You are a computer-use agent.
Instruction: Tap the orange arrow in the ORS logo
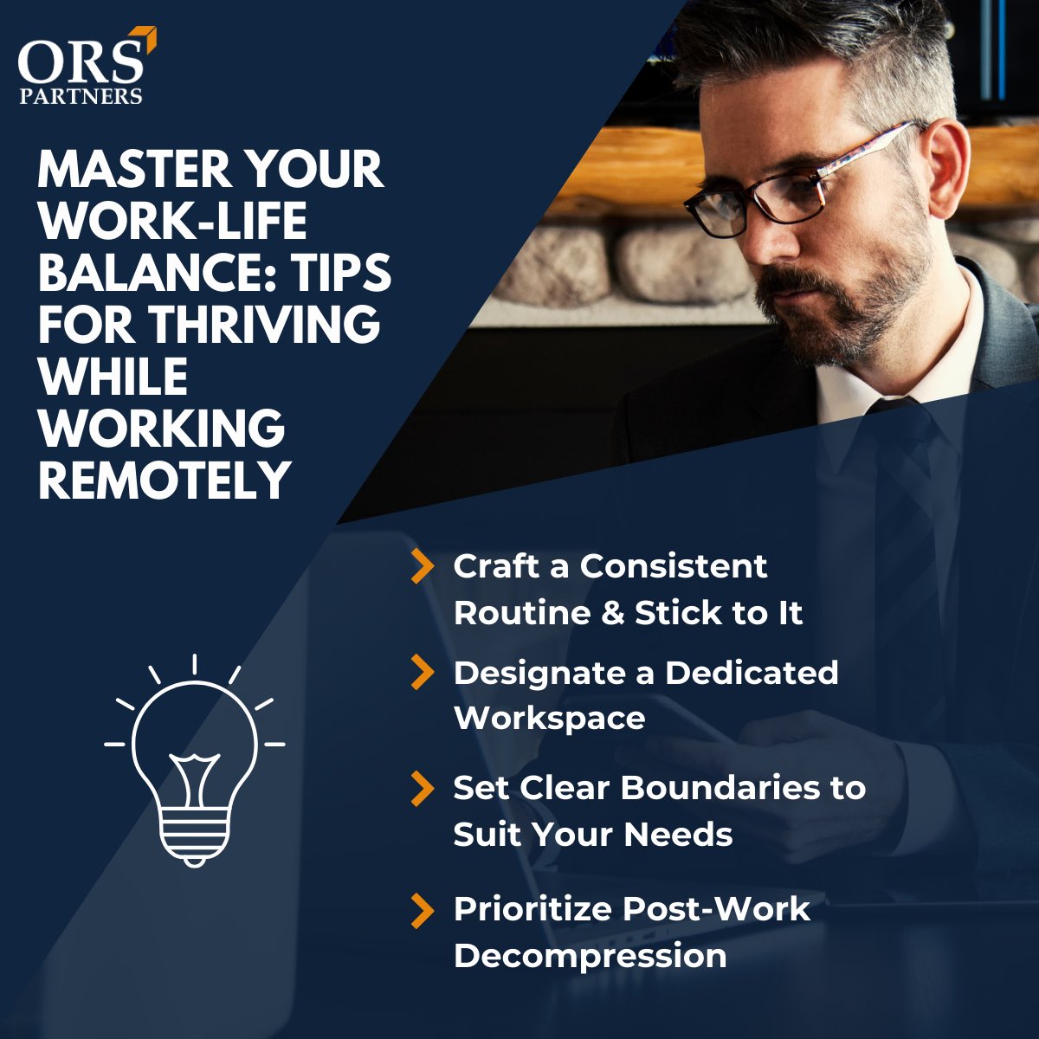tap(148, 38)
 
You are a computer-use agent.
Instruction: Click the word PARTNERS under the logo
tap(81, 96)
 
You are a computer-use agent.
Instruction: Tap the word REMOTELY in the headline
tap(164, 479)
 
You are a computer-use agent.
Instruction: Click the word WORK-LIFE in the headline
tap(173, 221)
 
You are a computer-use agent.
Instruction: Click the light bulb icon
tap(195, 762)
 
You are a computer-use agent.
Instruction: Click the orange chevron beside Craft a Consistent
tap(422, 566)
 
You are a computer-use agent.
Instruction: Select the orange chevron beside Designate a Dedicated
tap(422, 673)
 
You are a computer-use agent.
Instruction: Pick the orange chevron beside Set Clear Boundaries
tap(422, 788)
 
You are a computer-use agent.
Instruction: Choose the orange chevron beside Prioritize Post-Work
tap(422, 910)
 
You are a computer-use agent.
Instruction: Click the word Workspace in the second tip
tap(550, 719)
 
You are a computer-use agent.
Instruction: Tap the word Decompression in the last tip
tap(590, 956)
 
